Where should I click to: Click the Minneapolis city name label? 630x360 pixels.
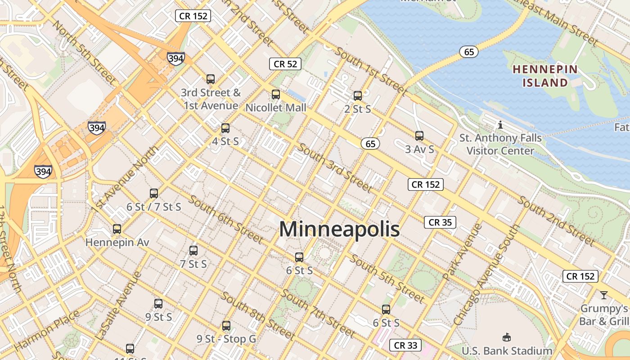coord(339,229)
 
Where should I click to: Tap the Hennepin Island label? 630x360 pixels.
coord(545,76)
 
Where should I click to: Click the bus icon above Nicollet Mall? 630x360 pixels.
coord(276,94)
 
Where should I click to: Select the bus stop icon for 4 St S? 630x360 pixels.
coord(225,128)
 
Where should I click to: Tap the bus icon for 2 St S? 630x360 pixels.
coord(358,95)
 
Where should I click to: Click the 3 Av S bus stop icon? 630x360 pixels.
coord(419,135)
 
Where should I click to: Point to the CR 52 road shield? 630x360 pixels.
coord(285,64)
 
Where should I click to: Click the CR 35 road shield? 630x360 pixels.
coord(440,222)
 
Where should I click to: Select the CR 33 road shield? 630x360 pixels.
coord(405,345)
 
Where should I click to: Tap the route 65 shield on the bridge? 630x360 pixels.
coord(469,52)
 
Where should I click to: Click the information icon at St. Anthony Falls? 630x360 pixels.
coord(500,125)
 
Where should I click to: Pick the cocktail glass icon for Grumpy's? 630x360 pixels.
coord(604,295)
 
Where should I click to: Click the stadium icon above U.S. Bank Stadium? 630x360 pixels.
coord(507,337)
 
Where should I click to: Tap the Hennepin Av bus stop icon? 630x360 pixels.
coord(117,229)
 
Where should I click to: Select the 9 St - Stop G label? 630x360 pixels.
coord(226,339)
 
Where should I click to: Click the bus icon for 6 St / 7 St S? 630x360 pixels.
coord(154,193)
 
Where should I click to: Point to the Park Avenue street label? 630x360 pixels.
coord(462,252)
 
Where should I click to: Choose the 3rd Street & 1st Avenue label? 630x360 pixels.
coord(211,99)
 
